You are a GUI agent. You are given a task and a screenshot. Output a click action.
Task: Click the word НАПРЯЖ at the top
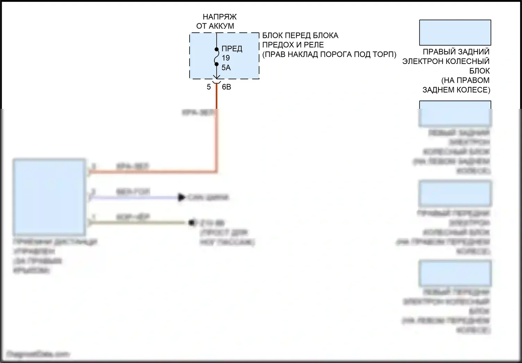[x=220, y=17]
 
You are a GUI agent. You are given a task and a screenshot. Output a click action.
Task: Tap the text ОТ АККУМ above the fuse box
[x=215, y=26]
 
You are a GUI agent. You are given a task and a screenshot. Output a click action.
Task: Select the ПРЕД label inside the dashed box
[x=232, y=49]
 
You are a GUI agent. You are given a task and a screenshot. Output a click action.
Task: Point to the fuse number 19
[x=226, y=58]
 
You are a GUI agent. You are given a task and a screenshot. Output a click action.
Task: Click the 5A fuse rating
[x=226, y=67]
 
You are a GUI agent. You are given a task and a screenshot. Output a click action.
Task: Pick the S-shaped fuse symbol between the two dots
[x=216, y=57]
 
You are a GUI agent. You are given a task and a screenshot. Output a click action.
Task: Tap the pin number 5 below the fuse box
[x=209, y=87]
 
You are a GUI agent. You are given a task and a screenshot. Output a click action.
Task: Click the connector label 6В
[x=227, y=87]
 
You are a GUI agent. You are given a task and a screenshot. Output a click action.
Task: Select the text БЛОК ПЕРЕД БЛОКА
[x=300, y=35]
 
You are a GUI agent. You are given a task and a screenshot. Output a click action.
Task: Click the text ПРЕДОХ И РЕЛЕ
[x=293, y=45]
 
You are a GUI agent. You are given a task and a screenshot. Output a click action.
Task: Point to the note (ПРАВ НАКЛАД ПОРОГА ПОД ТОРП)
[x=329, y=54]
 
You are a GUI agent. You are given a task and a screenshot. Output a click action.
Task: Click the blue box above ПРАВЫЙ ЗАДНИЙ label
[x=455, y=32]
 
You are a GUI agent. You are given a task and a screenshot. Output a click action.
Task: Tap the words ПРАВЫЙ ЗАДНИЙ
[x=456, y=52]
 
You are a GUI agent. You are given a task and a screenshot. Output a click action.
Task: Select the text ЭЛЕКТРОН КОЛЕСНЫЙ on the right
[x=446, y=61]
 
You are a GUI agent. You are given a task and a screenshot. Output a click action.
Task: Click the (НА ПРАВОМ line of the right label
[x=465, y=80]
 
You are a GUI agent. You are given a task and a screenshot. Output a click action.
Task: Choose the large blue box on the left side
[x=49, y=197]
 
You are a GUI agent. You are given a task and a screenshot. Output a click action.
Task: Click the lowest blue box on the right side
[x=455, y=273]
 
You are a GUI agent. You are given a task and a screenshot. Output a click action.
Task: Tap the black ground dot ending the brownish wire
[x=191, y=223]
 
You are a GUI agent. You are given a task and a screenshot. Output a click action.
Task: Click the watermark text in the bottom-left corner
[x=38, y=354]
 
